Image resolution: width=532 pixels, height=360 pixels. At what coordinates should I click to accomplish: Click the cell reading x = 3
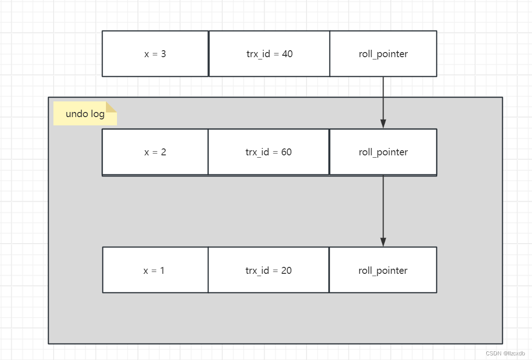coord(155,54)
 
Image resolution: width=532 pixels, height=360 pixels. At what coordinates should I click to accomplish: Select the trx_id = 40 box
coord(269,54)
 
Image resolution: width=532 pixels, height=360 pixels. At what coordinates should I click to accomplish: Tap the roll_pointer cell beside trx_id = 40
coord(383,54)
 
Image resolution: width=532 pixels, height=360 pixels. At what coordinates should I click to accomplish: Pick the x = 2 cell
coord(155,152)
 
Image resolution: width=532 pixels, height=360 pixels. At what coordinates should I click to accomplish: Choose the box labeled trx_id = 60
coord(269,152)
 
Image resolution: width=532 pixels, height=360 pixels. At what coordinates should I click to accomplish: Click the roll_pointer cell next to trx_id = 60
coord(383,152)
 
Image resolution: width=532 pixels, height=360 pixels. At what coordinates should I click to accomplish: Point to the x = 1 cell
coord(155,271)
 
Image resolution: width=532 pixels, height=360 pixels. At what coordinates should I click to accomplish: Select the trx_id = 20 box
coord(269,271)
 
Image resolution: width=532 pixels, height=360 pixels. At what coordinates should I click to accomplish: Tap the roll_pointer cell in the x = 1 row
coord(383,271)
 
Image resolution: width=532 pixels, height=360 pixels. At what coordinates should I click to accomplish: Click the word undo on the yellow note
coord(76,114)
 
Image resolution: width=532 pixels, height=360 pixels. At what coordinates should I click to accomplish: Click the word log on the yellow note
coord(97,114)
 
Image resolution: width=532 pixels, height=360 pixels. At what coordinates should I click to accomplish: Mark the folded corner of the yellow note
coord(111,107)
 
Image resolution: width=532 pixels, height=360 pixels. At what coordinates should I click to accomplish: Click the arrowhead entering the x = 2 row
coord(383,124)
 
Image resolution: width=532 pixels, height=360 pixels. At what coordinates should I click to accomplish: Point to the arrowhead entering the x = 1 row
coord(383,242)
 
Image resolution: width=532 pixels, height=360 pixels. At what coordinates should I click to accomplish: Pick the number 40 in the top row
coord(287,54)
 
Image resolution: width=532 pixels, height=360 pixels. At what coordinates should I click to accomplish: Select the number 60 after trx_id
coord(286,152)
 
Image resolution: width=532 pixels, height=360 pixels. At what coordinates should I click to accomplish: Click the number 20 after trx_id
coord(286,271)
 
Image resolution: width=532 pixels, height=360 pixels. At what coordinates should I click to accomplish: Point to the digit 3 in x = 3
coord(163,54)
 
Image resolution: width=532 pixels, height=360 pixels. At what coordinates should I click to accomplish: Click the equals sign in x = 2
coord(155,153)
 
